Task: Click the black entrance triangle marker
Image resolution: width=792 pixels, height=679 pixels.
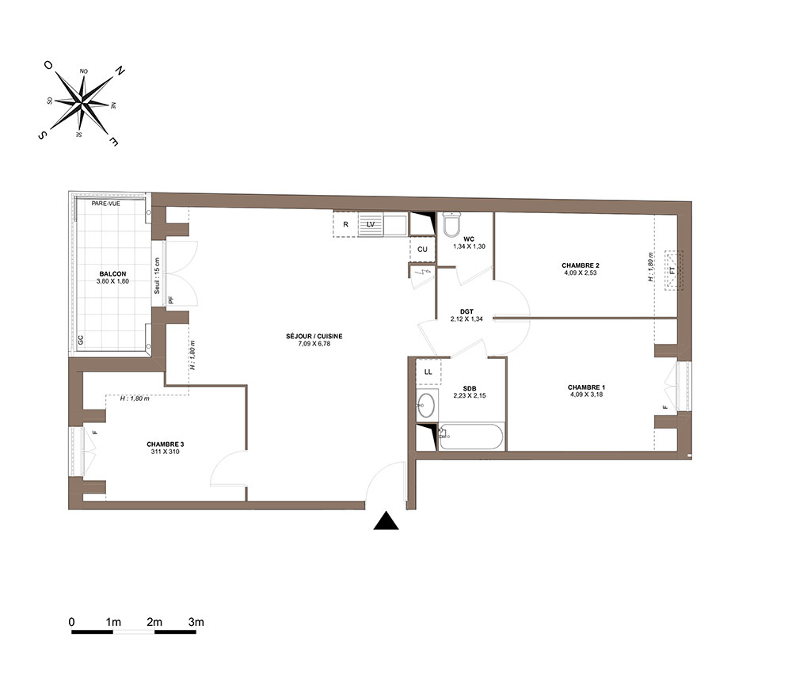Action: tap(386, 521)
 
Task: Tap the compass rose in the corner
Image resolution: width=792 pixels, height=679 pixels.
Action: tap(82, 105)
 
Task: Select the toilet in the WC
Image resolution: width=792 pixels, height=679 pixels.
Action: tap(451, 224)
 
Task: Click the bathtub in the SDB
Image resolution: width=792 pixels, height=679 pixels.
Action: tap(470, 437)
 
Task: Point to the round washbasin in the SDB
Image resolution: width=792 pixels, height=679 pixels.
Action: tap(427, 405)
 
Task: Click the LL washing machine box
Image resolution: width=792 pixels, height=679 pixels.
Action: tap(428, 372)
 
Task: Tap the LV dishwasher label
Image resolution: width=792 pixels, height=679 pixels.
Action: tap(371, 224)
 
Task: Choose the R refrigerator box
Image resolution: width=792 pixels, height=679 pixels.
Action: tap(345, 224)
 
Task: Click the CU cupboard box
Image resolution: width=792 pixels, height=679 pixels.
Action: tap(422, 250)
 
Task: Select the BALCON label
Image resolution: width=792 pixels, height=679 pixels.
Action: tap(112, 274)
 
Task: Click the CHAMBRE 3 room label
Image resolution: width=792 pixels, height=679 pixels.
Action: tap(166, 444)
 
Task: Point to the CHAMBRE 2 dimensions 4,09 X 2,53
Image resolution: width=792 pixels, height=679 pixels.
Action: tap(581, 273)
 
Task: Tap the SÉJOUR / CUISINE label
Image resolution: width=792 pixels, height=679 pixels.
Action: tap(314, 336)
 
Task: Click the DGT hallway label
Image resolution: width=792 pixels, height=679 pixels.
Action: tap(466, 311)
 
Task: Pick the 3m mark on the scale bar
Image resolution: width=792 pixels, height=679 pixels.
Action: tap(196, 622)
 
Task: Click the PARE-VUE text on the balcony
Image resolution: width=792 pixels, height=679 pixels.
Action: tap(106, 204)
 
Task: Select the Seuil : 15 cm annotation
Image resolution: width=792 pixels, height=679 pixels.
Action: tap(157, 276)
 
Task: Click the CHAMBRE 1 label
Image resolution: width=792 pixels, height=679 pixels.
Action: tap(586, 387)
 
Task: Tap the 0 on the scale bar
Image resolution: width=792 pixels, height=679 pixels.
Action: tap(72, 622)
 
